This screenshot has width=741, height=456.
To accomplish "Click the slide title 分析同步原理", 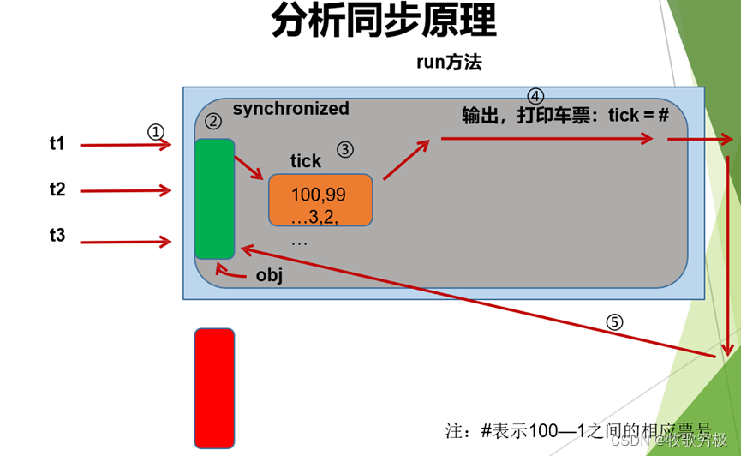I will (383, 21).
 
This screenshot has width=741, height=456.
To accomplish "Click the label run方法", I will (451, 62).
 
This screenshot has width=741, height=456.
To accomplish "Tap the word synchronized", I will (291, 109).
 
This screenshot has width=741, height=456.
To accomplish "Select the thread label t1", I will (57, 144).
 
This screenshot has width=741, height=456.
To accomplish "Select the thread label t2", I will (57, 189).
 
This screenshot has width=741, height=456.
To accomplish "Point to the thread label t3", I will (57, 235).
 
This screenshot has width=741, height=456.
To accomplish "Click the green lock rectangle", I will (214, 198).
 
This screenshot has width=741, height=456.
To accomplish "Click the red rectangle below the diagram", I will (214, 387).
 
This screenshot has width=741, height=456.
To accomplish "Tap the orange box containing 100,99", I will (320, 200).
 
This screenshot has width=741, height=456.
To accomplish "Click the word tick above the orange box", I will (306, 161).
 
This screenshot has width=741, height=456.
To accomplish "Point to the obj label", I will (269, 276).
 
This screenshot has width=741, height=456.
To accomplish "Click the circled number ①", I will (155, 132).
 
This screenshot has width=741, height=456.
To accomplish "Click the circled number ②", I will (213, 123).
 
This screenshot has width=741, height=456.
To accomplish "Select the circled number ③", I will (344, 149).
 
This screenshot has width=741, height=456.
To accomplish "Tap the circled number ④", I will (535, 96).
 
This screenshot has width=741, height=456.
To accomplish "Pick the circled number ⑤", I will (614, 322).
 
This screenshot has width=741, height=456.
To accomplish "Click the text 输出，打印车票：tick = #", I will (565, 116).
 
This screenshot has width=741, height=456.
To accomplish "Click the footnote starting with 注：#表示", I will (578, 429).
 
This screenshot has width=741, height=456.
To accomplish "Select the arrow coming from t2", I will (125, 191).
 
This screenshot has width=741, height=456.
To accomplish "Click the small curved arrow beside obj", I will (228, 272).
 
